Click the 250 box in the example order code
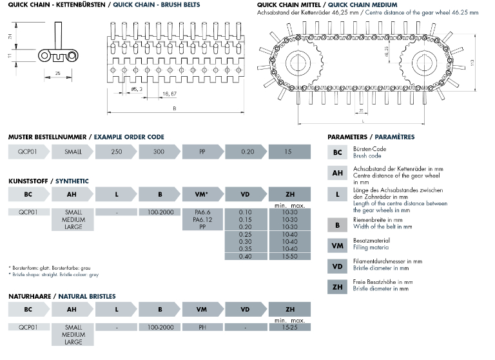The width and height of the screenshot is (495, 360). click(x=116, y=152)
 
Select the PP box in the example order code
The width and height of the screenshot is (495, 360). click(x=202, y=152)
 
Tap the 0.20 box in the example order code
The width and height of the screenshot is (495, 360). click(x=246, y=152)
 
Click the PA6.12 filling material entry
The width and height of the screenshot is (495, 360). click(x=202, y=219)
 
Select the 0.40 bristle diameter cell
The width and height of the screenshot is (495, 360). click(x=246, y=255)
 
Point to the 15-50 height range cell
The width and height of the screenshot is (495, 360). click(x=289, y=255)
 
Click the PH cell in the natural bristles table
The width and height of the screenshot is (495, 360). click(x=202, y=328)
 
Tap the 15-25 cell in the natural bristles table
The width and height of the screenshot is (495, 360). click(x=289, y=328)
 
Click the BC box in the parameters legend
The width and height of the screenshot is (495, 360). click(x=338, y=152)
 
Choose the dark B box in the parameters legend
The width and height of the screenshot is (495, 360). click(x=338, y=224)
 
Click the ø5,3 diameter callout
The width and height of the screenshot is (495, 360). click(x=137, y=89)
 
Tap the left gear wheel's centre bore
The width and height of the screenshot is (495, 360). click(x=302, y=63)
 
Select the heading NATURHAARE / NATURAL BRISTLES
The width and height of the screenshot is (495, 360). click(x=62, y=296)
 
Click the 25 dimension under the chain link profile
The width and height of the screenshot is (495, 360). click(x=59, y=74)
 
